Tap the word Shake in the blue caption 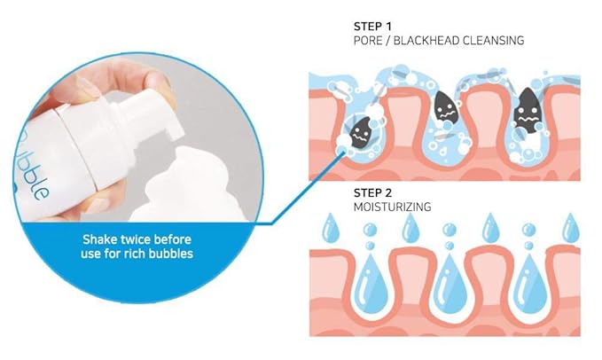point(103,240)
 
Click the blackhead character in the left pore point(361,133)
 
